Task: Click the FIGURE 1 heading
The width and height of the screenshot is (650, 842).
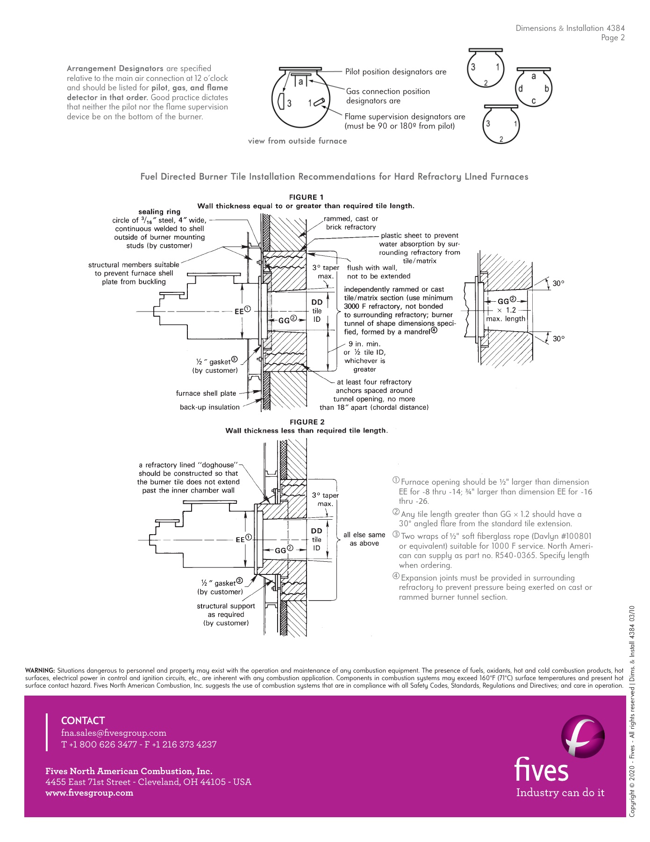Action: tap(306, 197)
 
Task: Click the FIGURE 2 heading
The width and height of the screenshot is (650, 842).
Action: tap(307, 422)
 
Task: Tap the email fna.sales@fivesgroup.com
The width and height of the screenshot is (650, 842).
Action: tap(114, 733)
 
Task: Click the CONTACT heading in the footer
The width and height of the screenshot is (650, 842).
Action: tap(83, 720)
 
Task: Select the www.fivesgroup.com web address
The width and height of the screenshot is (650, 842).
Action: tap(89, 793)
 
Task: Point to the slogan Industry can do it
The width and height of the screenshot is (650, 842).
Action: tap(560, 793)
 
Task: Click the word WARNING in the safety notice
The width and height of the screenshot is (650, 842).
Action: tap(40, 670)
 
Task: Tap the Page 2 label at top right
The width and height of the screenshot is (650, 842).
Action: tap(613, 38)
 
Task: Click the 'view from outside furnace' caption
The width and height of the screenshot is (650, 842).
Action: tap(297, 141)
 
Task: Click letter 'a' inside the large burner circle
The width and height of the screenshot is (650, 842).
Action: tap(301, 82)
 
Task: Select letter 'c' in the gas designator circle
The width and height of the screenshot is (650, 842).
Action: tap(534, 101)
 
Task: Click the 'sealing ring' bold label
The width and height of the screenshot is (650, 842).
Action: tap(159, 211)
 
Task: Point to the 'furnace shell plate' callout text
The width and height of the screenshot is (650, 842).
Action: tap(206, 393)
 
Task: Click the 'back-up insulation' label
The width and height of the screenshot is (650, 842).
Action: tap(209, 407)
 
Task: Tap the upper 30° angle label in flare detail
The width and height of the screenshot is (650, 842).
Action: tap(558, 283)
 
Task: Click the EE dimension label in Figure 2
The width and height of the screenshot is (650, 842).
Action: tap(240, 539)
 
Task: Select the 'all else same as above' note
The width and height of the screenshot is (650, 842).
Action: tap(364, 539)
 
